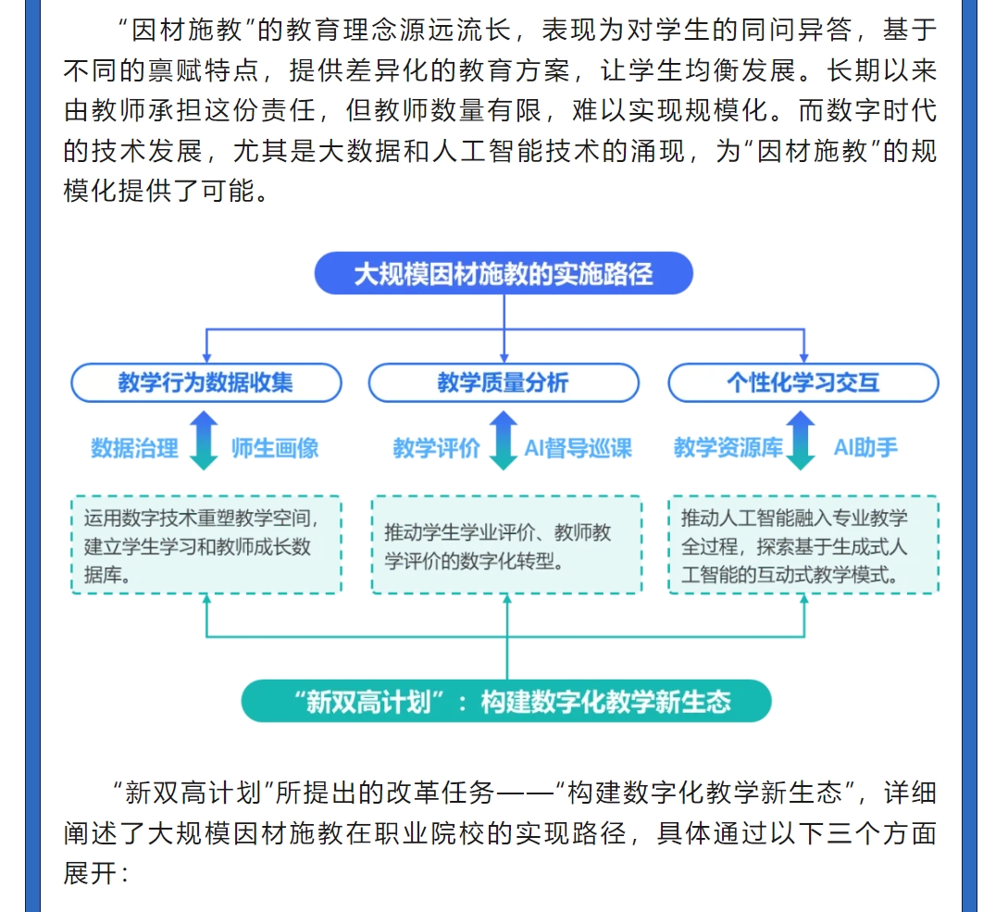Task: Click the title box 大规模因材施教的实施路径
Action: pos(504,273)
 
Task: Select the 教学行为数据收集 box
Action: pos(206,382)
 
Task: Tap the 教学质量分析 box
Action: pos(504,382)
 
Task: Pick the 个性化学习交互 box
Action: pos(803,382)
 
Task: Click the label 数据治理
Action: pos(134,448)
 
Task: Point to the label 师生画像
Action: pos(275,448)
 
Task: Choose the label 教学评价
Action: pos(437,448)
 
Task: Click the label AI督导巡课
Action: pos(579,448)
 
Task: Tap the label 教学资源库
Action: pos(728,447)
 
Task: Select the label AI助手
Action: pos(865,447)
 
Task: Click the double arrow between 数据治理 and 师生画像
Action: pos(204,441)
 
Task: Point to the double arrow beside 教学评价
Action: pos(504,441)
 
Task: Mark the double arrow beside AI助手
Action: pos(801,441)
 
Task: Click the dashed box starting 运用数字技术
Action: pos(206,544)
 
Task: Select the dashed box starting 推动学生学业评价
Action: pos(506,544)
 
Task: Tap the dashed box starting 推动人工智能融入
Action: pos(803,544)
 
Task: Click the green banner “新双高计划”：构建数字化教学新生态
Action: pos(506,701)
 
